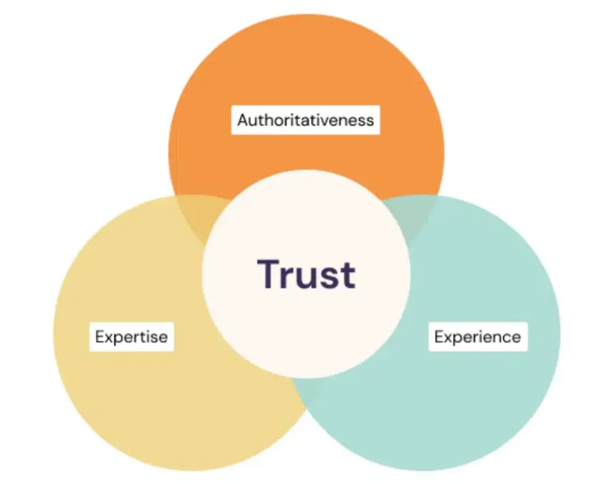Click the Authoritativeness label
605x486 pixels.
306,120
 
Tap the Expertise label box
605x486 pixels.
131,336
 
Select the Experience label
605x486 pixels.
478,337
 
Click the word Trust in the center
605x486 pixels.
306,274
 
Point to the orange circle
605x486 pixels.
306,68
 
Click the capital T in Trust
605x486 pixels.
268,273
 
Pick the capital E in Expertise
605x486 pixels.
100,336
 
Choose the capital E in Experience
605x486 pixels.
439,337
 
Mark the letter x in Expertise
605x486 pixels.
108,338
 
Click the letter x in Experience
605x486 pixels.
448,338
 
